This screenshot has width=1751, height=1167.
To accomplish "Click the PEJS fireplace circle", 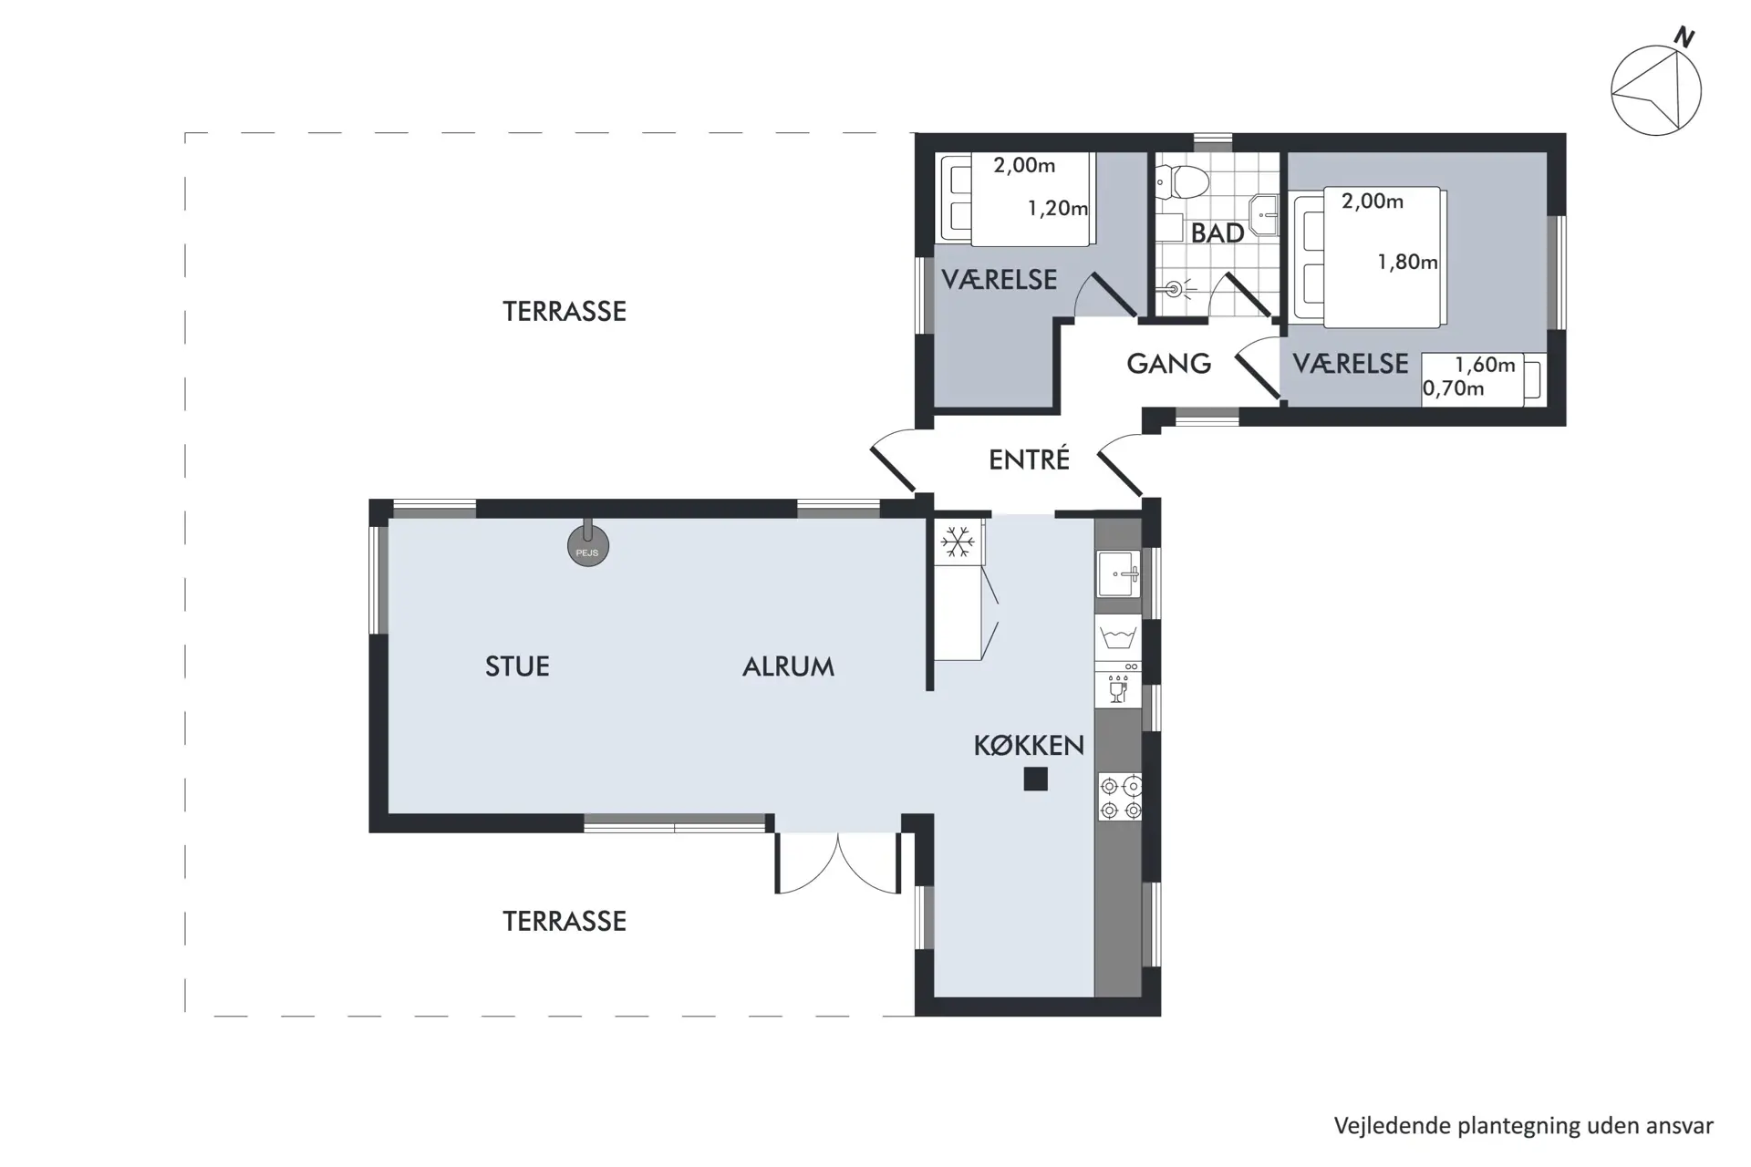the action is pos(588,548).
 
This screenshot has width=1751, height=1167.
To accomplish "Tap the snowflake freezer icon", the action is pos(957,542).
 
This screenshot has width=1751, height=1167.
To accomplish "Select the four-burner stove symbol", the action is pos(1120,797).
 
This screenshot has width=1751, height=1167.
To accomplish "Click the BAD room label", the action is pos(1217,233).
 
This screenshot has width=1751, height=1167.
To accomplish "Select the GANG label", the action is pos(1168,364).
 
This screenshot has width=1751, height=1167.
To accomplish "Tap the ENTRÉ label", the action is pos(1029,460).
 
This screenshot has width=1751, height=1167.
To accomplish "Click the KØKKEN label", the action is pos(1029,746).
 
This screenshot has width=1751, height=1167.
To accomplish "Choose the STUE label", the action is pos(517,666).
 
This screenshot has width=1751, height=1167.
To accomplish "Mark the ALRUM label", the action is pos(788,666).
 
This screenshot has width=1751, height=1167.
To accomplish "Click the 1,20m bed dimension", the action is pos(1058,209).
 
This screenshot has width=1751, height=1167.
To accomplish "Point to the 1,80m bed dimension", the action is pos(1407,263).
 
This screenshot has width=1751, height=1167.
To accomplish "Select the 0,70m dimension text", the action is pos(1454,388).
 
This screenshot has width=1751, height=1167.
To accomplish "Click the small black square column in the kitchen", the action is pos(1035,779).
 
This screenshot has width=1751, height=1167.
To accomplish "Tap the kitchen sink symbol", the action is pos(1119,574).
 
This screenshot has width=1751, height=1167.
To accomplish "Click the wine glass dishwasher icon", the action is pos(1118,691).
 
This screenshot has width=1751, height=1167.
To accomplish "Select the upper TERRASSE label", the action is pos(565,311).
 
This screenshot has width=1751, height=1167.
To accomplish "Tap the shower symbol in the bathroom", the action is pos(1175,289).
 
